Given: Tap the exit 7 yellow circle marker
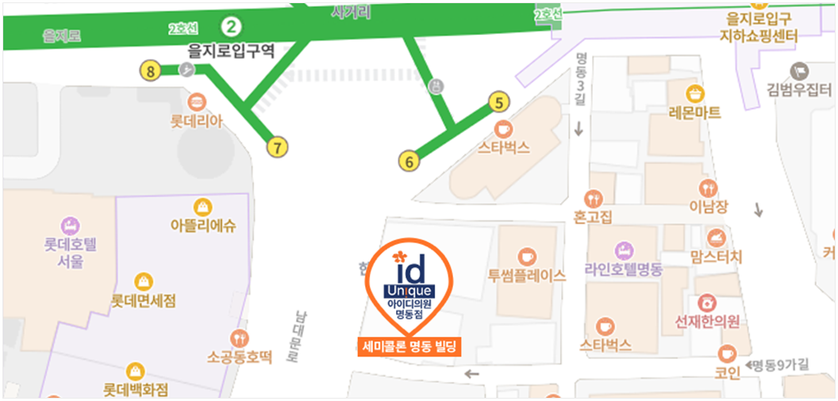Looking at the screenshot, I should [277, 147].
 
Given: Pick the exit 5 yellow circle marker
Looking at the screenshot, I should [498, 102].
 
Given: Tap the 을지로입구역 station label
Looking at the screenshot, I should [230, 51].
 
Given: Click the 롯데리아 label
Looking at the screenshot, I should [197, 121].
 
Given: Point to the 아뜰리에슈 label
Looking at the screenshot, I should [203, 225].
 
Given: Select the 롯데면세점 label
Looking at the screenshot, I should [144, 301].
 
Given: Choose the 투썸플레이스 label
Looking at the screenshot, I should [527, 275].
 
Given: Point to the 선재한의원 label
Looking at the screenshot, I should [707, 321].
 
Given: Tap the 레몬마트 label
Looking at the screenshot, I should [695, 113].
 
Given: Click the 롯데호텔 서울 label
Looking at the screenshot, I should [70, 252].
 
